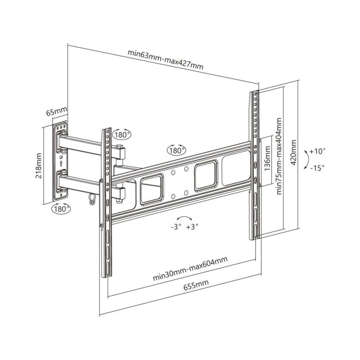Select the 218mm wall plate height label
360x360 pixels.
tap(38, 166)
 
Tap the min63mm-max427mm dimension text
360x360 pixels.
tap(165, 59)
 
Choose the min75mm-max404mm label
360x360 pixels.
tap(279, 156)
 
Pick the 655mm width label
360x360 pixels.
tap(196, 284)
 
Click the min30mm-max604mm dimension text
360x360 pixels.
tap(190, 268)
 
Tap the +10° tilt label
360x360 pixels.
tap(318, 151)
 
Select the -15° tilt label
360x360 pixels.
tap(318, 168)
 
